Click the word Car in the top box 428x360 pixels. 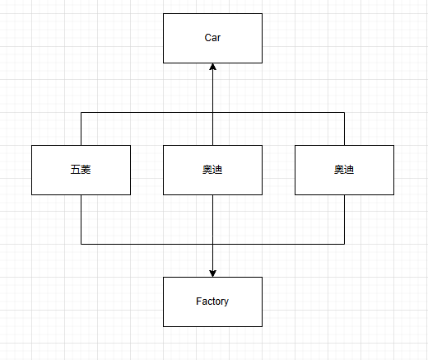[x=212, y=38]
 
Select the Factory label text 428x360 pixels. [x=212, y=302]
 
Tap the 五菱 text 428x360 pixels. [x=81, y=170]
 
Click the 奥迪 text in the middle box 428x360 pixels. [x=212, y=170]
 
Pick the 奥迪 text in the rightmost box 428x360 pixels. [x=344, y=170]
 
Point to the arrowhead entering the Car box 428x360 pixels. [x=212, y=67]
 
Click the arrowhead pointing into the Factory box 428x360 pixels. [x=212, y=274]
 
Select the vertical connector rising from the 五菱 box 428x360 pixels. [x=81, y=129]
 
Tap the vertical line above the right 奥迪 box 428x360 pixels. [x=344, y=129]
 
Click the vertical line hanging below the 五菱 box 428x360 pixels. [x=81, y=219]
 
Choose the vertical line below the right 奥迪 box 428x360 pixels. [x=344, y=219]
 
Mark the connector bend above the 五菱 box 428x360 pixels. [x=81, y=112]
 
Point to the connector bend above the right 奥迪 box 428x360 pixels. [x=344, y=112]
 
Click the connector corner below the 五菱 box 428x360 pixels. [x=81, y=244]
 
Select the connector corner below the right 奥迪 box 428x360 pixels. [x=344, y=244]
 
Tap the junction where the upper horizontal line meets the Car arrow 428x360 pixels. [x=212, y=112]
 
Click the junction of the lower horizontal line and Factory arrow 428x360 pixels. [x=212, y=244]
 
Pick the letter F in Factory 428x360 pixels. [x=198, y=301]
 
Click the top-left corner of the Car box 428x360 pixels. [x=163, y=13]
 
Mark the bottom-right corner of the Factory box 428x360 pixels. [x=262, y=326]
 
